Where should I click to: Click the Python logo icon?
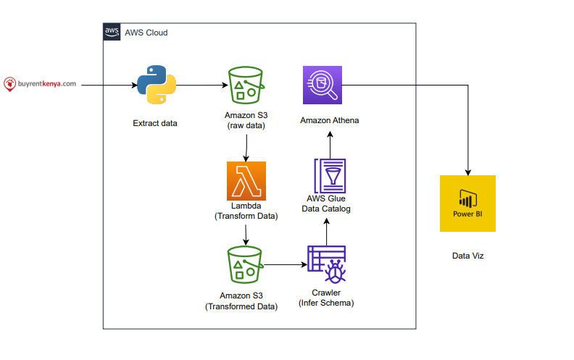pyautogui.click(x=157, y=85)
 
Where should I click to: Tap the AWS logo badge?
pyautogui.click(x=112, y=32)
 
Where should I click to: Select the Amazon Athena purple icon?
pyautogui.click(x=323, y=85)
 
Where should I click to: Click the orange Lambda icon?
pyautogui.click(x=246, y=181)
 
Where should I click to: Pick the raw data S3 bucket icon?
pyautogui.click(x=246, y=85)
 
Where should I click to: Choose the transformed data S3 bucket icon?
pyautogui.click(x=245, y=265)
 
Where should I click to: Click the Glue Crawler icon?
pyautogui.click(x=327, y=264)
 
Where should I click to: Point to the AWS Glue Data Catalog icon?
pyautogui.click(x=330, y=176)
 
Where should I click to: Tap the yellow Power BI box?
pyautogui.click(x=468, y=204)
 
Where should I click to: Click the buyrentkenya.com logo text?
pyautogui.click(x=47, y=84)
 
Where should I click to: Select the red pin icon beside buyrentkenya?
pyautogui.click(x=9, y=84)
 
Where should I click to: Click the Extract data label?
pyautogui.click(x=155, y=123)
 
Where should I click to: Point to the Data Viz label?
pyautogui.click(x=468, y=256)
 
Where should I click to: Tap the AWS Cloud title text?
pyautogui.click(x=146, y=33)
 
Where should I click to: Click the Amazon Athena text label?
pyautogui.click(x=330, y=120)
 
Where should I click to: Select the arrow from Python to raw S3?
pyautogui.click(x=202, y=85)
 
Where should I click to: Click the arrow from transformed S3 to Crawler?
pyautogui.click(x=286, y=264)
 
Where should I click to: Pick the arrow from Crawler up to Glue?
pyautogui.click(x=327, y=232)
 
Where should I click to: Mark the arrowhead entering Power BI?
pyautogui.click(x=468, y=172)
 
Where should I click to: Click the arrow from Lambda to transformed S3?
pyautogui.click(x=246, y=235)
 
